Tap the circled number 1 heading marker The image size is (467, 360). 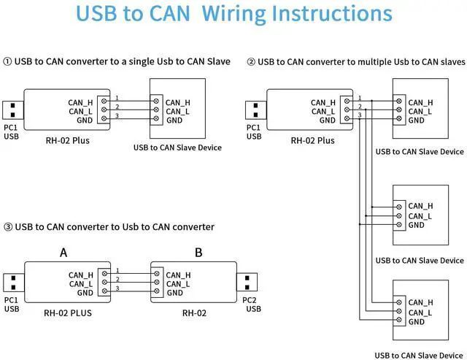pos(7,62)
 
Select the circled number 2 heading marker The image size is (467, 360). pos(251,62)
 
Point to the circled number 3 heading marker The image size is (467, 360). pos(7,227)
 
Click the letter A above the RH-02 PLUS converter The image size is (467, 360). pos(63,253)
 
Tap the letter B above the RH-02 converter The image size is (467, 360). pos(198,253)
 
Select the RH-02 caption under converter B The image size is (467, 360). pos(194,313)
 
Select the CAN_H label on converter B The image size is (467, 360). pos(178,275)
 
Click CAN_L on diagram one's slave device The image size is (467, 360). pos(178,112)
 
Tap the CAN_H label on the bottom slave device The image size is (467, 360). pos(421,302)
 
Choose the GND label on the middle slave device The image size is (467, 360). pos(417,226)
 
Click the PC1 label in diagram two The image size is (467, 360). pos(253,127)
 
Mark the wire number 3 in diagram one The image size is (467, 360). pos(117,116)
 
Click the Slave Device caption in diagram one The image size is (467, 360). pos(177,148)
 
